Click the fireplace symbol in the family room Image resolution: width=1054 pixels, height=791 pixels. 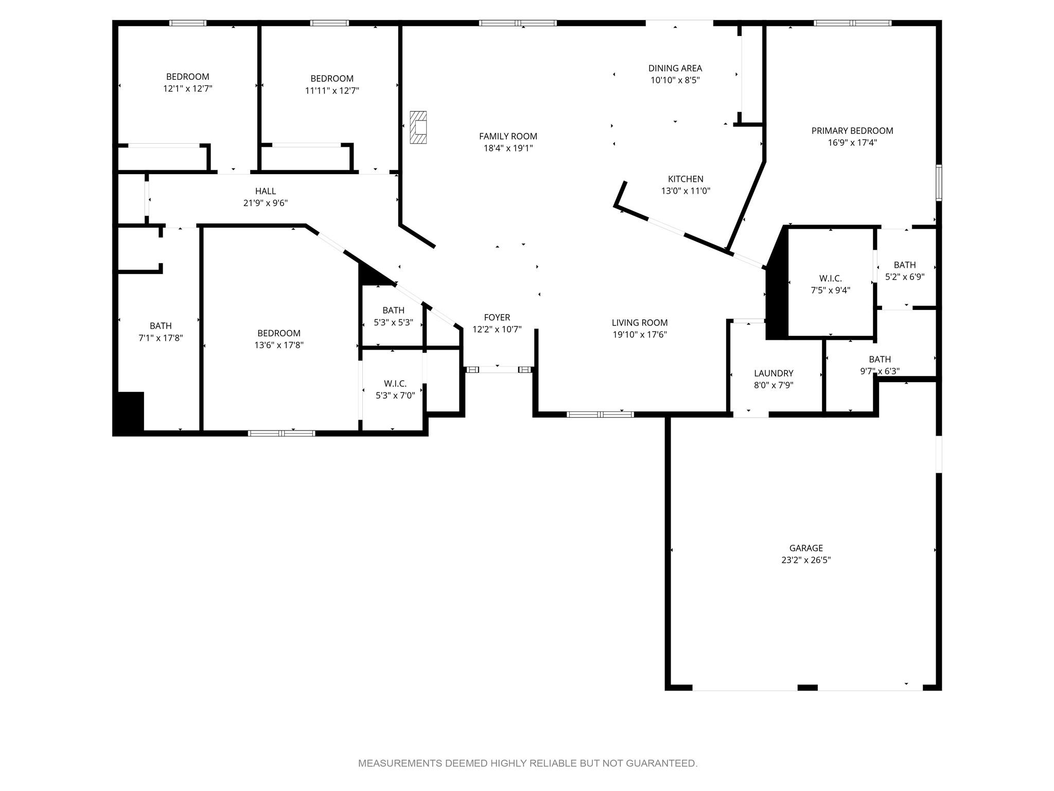coord(418,127)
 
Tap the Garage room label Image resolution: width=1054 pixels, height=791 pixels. coord(806,548)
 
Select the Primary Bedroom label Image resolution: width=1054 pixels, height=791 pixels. coord(852,131)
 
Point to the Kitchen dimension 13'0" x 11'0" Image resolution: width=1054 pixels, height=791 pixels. coord(686,191)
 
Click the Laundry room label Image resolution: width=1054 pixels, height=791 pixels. coord(774,373)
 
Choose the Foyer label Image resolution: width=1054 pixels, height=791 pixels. coord(497,318)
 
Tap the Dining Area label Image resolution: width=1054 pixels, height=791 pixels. coord(675,68)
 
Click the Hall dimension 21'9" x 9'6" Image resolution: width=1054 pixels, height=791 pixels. coord(266,203)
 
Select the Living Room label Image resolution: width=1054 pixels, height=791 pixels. coord(640,323)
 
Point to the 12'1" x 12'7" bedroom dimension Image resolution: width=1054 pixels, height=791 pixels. coord(188,89)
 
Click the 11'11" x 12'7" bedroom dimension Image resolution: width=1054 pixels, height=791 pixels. coord(332,91)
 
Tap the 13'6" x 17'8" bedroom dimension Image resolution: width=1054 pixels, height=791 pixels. coord(279,345)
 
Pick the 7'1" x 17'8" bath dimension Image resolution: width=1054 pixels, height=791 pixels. coord(161,338)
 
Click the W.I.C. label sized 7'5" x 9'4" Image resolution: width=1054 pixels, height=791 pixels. coord(831,279)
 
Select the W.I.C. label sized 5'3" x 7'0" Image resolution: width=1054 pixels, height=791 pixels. coord(395,384)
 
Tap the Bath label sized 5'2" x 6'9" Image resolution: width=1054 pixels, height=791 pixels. coord(905,265)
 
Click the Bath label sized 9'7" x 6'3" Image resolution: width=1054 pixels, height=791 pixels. coord(880,359)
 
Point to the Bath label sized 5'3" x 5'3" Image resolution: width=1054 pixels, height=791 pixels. coord(393,311)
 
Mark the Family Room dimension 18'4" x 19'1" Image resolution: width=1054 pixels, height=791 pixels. coord(508,148)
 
